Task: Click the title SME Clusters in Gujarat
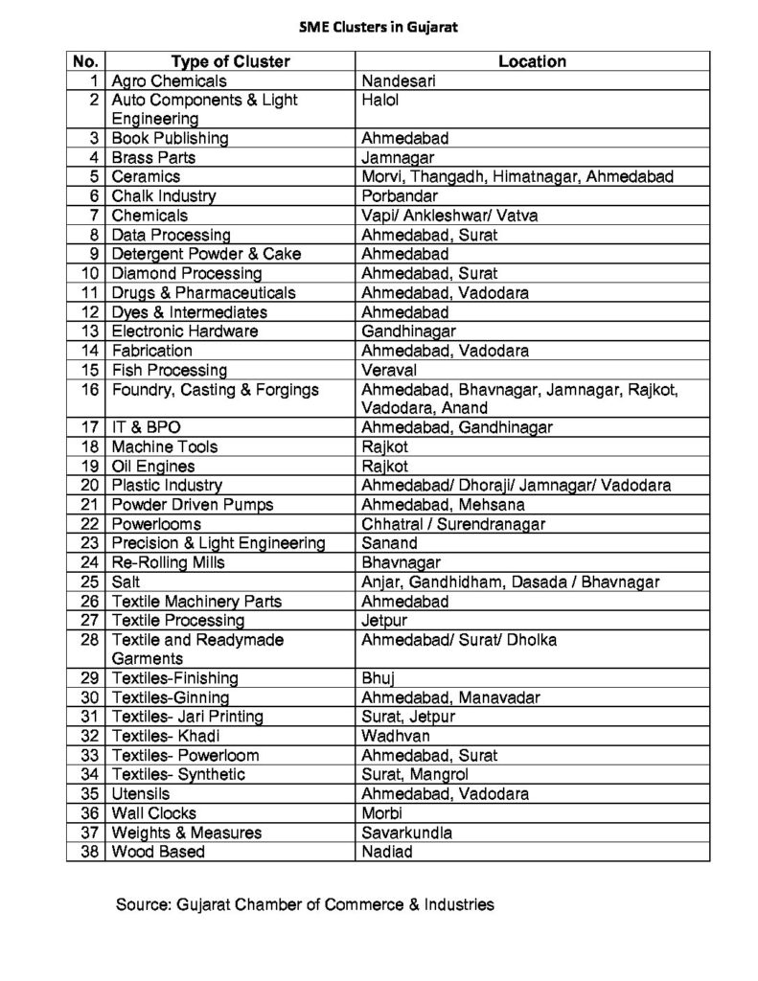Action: [379, 28]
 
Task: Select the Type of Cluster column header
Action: [229, 61]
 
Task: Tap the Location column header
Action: [532, 61]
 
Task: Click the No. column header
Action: [86, 61]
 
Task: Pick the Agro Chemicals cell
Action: [170, 81]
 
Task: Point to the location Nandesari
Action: [399, 81]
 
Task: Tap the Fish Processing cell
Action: [170, 370]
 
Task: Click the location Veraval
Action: [388, 370]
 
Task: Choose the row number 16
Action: [92, 389]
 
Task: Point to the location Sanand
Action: [390, 543]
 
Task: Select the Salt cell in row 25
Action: [126, 582]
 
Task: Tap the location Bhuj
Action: [379, 678]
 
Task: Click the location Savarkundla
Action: [406, 832]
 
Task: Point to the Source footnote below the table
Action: [305, 903]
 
